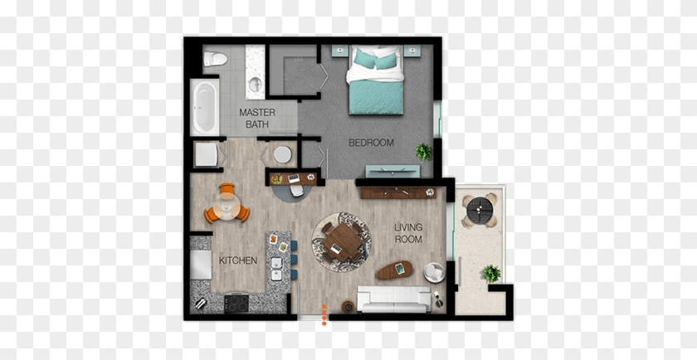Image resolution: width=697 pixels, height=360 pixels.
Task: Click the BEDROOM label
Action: click(371, 143)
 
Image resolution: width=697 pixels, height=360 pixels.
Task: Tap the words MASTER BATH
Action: click(257, 118)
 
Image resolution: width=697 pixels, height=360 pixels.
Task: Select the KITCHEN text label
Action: click(237, 260)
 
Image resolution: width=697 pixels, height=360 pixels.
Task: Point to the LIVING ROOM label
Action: click(407, 233)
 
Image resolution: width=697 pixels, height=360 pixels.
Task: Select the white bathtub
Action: click(203, 107)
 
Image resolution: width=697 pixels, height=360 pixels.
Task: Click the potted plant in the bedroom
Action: click(424, 151)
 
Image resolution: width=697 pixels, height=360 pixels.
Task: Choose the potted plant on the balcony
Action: click(491, 273)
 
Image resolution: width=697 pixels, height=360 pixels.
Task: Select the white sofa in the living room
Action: click(394, 296)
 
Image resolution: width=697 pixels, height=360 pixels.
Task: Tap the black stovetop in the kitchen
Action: click(237, 303)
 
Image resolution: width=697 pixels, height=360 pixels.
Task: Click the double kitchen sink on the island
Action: click(275, 268)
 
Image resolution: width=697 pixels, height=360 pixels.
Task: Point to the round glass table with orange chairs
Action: click(227, 204)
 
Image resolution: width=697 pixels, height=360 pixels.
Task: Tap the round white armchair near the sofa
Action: click(434, 271)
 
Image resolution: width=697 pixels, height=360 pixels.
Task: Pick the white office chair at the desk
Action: click(296, 191)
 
